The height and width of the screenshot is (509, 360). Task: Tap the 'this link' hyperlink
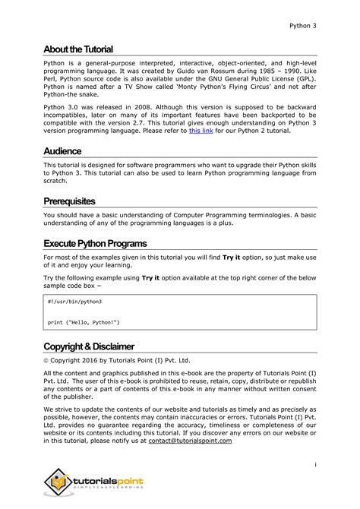click(x=201, y=131)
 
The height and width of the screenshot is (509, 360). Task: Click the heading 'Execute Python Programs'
click(x=95, y=244)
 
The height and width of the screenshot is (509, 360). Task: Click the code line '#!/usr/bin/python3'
click(x=74, y=302)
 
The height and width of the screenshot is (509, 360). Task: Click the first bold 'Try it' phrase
click(x=233, y=258)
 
